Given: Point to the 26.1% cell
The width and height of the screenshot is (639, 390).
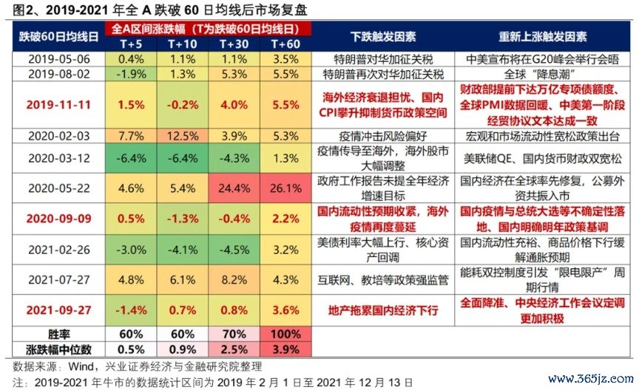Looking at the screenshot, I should click(x=286, y=188).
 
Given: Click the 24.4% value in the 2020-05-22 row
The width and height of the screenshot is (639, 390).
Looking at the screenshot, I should click(x=234, y=188).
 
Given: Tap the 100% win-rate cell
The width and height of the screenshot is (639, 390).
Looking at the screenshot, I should click(x=286, y=333).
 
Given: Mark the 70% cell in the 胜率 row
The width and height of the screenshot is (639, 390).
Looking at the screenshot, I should click(x=234, y=333).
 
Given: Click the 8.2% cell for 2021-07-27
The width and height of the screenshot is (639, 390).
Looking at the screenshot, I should click(x=234, y=279).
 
